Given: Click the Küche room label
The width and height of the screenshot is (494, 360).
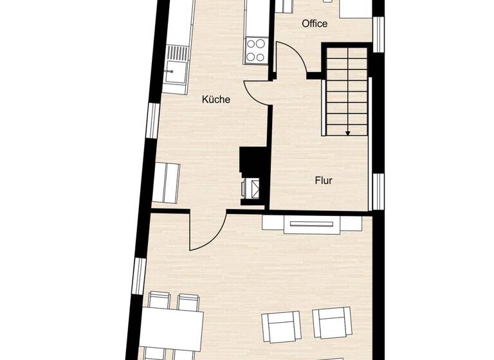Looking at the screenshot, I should pyautogui.click(x=216, y=100).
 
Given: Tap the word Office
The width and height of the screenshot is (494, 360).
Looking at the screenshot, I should pyautogui.click(x=315, y=24).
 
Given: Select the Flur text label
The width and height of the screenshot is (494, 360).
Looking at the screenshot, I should pyautogui.click(x=324, y=181).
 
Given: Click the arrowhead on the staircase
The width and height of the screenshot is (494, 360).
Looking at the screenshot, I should pyautogui.click(x=347, y=132).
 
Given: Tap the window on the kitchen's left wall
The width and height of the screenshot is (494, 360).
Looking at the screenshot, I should pyautogui.click(x=153, y=121).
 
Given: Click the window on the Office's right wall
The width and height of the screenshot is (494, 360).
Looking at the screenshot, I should pyautogui.click(x=379, y=33).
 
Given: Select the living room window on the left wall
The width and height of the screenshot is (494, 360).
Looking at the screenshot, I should pyautogui.click(x=139, y=276).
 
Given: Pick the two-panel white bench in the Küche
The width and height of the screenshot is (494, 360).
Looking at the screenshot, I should pyautogui.click(x=167, y=183).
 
